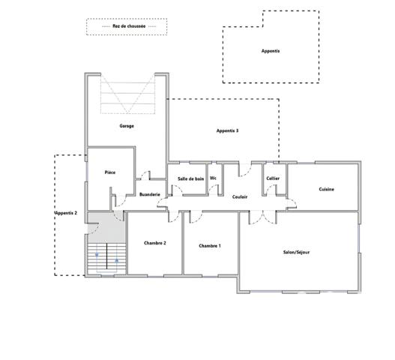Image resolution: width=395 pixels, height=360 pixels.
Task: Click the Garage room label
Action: [127, 126]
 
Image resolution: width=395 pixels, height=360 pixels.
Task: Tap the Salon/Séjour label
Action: [296, 252]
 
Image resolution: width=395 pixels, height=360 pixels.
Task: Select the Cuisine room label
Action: [326, 189]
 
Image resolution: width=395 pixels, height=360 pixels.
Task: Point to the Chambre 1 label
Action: [209, 246]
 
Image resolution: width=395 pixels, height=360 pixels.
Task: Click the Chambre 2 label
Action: [154, 243]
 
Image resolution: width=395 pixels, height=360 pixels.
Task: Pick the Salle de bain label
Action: [190, 178]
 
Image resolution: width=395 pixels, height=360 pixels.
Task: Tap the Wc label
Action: [213, 178]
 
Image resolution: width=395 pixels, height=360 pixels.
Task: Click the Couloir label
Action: [240, 196]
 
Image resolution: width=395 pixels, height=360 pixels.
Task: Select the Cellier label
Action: [273, 178]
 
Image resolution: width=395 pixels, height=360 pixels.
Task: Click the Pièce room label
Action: [109, 172]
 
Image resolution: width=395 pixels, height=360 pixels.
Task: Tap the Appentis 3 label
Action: [227, 131]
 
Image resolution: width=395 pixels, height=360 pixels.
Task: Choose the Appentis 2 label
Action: [66, 214]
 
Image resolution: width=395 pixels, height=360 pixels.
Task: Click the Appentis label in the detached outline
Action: [270, 51]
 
